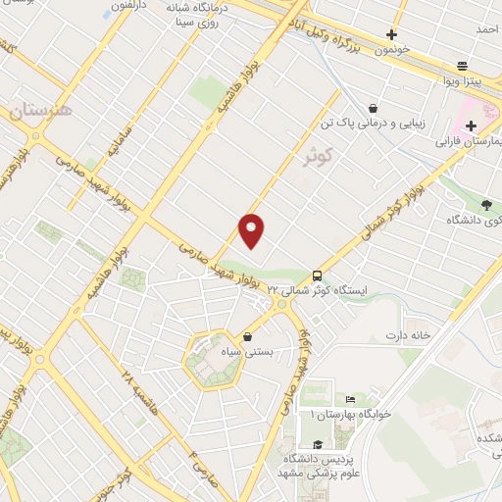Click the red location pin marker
coord(252,229)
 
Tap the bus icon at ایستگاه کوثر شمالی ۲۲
coord(317,276)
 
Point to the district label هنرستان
coord(42,112)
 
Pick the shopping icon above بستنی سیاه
coord(247,337)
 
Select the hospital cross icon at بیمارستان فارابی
coord(471,125)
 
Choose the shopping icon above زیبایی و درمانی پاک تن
coord(373,108)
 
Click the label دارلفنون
coord(127,6)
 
